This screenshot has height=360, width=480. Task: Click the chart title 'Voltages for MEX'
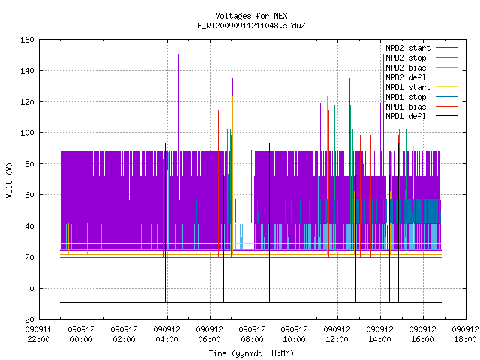251,16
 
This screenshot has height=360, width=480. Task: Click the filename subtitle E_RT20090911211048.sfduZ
251,25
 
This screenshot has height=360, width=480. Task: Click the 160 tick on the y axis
27,40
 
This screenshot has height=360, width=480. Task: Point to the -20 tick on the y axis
27,319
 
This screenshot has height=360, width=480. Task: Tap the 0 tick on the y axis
31,288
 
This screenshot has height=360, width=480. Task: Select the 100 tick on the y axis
27,133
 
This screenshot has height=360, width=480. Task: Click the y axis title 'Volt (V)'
10,180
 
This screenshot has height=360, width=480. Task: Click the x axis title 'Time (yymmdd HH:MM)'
251,353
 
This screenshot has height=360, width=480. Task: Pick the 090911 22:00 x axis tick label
38,334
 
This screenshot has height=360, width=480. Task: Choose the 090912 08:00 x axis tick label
252,334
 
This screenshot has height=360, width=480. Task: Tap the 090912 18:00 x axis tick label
465,334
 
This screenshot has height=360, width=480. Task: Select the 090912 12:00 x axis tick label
337,334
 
